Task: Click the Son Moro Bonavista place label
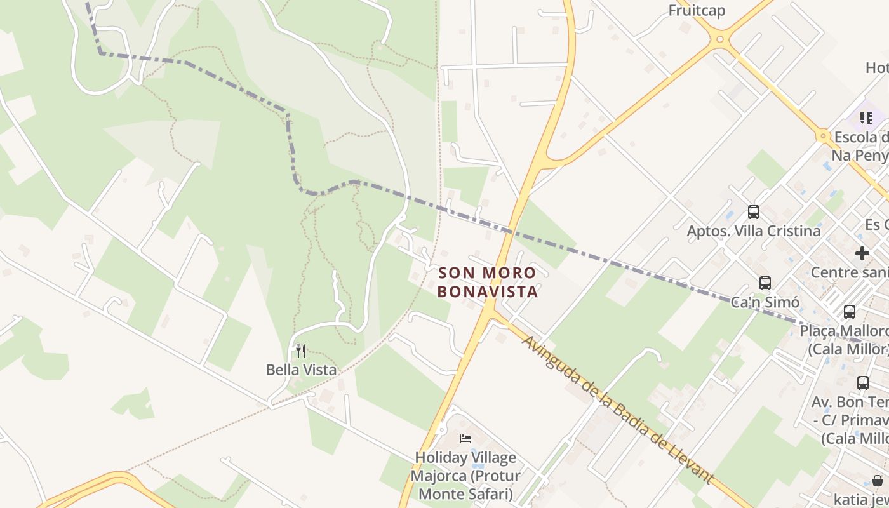point(488,282)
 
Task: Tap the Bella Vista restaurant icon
point(301,351)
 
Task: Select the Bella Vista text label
point(301,370)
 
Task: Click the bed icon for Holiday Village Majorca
point(465,439)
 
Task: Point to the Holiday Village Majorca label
point(465,476)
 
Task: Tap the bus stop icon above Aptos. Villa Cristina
point(754,212)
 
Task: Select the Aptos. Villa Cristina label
point(754,231)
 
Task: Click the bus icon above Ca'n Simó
point(765,283)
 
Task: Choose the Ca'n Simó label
point(765,302)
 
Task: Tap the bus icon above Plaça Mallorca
point(850,312)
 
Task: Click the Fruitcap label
point(697,11)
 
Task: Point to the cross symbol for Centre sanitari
point(862,253)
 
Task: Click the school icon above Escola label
point(866,118)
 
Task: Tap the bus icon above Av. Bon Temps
point(862,383)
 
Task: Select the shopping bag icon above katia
point(877,480)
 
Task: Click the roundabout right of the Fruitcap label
point(719,39)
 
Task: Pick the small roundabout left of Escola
point(823,135)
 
